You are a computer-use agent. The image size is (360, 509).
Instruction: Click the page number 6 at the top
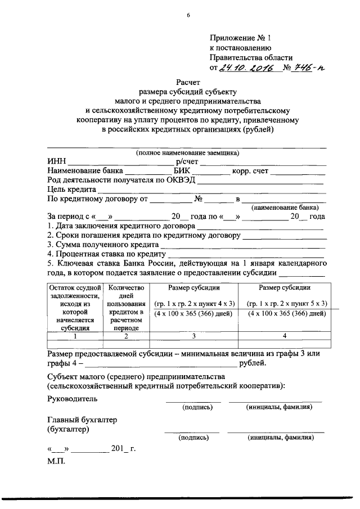[188, 15]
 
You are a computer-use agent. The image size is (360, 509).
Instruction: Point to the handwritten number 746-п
[308, 69]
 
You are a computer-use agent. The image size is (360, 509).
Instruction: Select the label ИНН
[57, 162]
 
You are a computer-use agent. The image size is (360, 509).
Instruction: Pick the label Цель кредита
[72, 189]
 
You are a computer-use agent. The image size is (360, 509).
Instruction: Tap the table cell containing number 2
[127, 336]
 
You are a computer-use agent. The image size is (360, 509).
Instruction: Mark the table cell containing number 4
[285, 336]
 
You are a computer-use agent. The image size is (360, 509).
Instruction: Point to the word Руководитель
[72, 399]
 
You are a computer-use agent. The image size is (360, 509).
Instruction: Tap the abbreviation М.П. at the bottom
[57, 462]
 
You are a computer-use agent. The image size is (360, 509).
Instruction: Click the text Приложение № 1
[240, 38]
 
